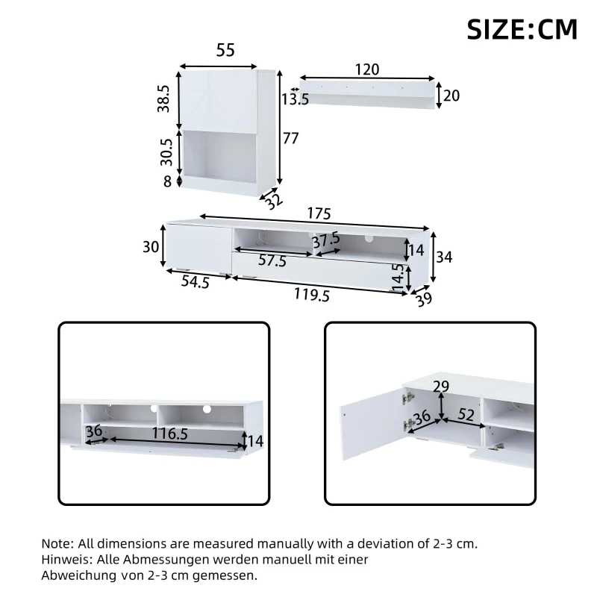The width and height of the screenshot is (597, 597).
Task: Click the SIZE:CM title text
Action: (522, 28)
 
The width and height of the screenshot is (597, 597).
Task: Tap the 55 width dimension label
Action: (225, 51)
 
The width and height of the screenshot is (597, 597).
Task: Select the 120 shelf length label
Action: (366, 69)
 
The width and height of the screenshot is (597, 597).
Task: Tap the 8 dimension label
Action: (168, 181)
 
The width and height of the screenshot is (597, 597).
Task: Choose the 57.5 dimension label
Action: (272, 261)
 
